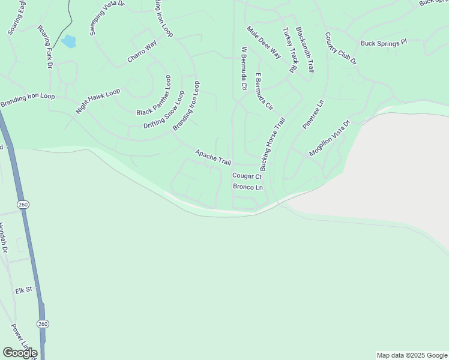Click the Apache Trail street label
213,158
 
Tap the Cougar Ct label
247,176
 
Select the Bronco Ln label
249,188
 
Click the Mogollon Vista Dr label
329,139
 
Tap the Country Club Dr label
341,49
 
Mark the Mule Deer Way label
264,42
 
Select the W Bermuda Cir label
244,69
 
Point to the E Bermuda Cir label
264,91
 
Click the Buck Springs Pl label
384,43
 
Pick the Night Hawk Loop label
98,101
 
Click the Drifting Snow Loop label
164,109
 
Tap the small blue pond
68,41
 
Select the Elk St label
23,291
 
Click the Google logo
20,353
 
